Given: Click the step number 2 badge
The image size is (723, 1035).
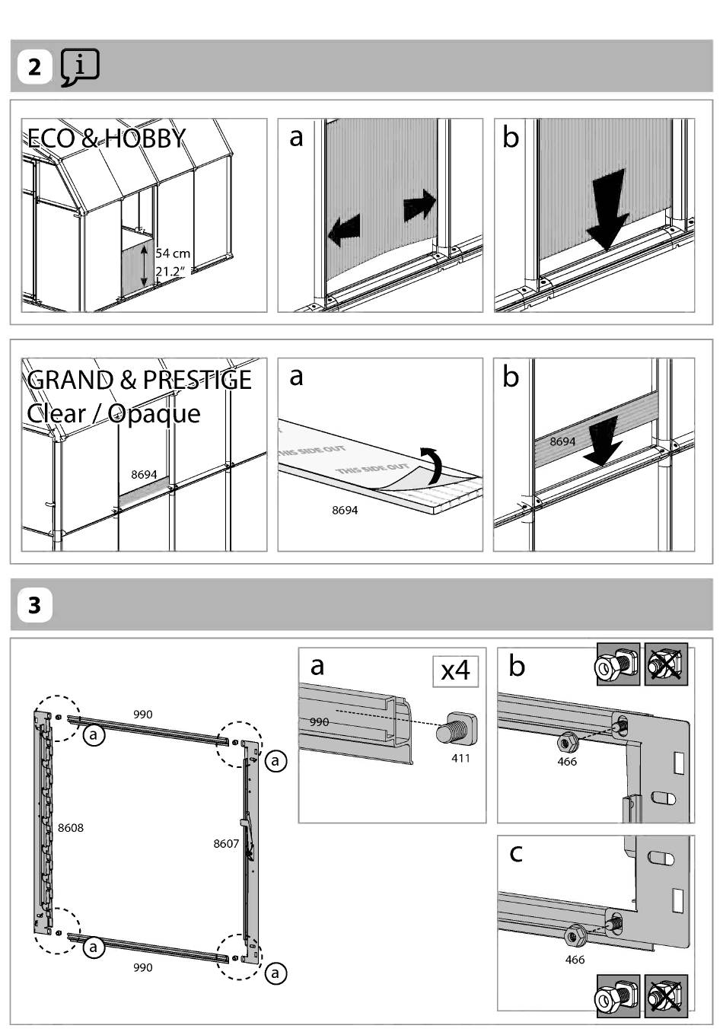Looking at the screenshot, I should (35, 67).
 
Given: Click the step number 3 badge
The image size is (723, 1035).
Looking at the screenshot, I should (35, 605).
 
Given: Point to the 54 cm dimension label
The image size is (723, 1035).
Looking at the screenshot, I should (173, 253).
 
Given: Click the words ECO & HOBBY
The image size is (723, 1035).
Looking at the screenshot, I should (107, 138).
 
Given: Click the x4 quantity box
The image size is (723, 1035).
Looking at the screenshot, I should (455, 670).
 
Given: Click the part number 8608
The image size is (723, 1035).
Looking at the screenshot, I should (71, 827).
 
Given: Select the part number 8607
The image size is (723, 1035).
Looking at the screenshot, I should (226, 843).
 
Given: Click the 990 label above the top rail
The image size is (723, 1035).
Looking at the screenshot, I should (142, 714).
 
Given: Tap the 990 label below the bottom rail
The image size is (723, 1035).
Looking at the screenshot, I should (142, 967).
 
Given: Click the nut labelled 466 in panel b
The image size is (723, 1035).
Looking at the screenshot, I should (565, 741).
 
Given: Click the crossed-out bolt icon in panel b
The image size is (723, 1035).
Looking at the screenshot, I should (666, 665).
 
